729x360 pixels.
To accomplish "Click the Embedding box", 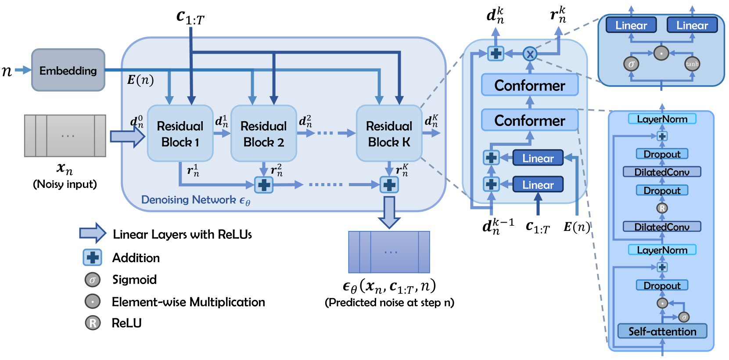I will [x=68, y=70].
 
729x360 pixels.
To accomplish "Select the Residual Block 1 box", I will [x=180, y=133].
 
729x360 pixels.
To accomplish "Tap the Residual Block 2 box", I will [x=263, y=133].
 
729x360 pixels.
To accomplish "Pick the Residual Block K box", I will [x=389, y=133].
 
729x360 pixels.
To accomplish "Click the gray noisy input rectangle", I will [x=65, y=136].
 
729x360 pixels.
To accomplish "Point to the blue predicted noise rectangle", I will [x=389, y=252].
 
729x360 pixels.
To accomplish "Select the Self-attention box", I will [x=662, y=331].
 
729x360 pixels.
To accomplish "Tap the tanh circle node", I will [x=692, y=64].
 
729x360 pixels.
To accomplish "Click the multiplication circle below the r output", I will [x=530, y=54].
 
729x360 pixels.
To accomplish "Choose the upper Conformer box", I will [x=530, y=85].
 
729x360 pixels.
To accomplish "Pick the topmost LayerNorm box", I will [x=662, y=119].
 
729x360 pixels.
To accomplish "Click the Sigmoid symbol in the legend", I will [x=93, y=280].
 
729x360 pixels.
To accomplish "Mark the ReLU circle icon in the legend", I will [x=93, y=323].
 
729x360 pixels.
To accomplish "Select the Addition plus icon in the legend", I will [x=93, y=257].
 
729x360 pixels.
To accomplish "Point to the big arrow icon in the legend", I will [x=93, y=233].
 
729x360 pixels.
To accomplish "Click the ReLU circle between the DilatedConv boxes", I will [x=662, y=208].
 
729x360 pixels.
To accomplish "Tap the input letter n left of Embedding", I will [x=7, y=70].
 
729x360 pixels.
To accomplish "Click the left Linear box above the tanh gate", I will [x=631, y=25].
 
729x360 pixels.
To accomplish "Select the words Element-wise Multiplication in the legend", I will [x=188, y=302].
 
